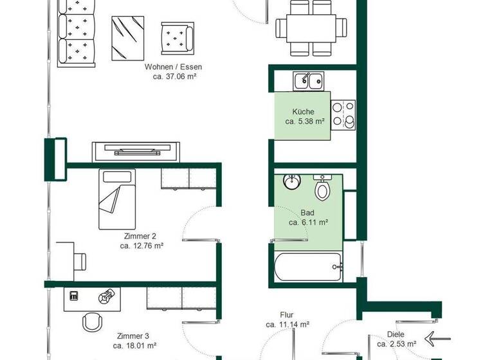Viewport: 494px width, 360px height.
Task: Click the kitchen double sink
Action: [x=309, y=81]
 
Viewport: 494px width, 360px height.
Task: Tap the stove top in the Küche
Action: [x=343, y=114]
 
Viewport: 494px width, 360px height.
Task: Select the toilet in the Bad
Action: [x=322, y=188]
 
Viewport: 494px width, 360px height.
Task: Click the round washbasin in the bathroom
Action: [x=292, y=181]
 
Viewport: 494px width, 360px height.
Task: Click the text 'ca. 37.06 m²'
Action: [x=174, y=76]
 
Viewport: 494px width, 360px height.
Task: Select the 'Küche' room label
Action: [x=303, y=111]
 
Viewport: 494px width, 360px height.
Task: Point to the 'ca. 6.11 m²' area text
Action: [x=308, y=222]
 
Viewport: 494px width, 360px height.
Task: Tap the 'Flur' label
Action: [x=287, y=315]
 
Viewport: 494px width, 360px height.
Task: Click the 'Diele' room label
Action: [x=396, y=334]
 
